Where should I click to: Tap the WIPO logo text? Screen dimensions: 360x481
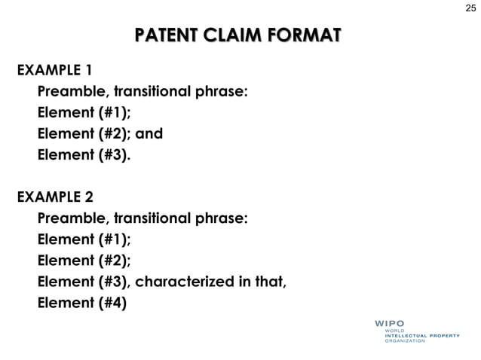tap(390, 324)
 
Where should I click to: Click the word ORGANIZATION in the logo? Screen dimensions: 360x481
tap(406, 340)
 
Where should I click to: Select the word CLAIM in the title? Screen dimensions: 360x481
tap(233, 36)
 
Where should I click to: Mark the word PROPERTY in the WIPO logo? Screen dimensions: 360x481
tap(440, 335)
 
